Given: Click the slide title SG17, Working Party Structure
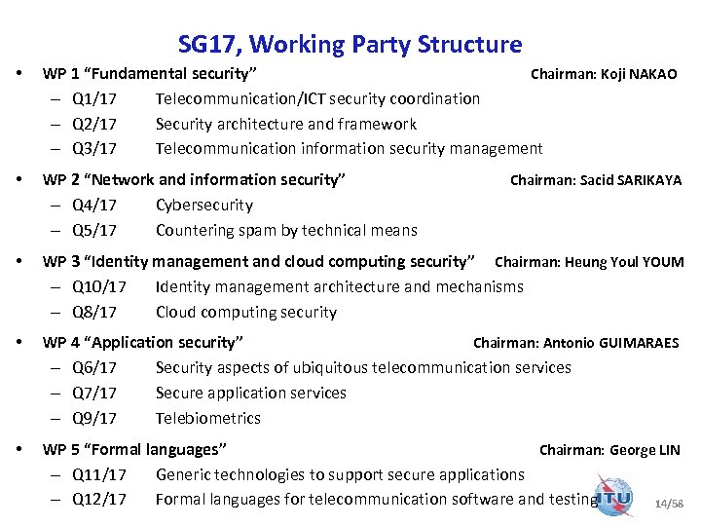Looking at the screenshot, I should pyautogui.click(x=350, y=44).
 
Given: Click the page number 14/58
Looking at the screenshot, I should pyautogui.click(x=669, y=504).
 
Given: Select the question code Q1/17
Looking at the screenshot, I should pyautogui.click(x=94, y=98).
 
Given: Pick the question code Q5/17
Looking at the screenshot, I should pyautogui.click(x=94, y=231).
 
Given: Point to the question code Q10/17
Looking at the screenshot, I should pyautogui.click(x=99, y=286).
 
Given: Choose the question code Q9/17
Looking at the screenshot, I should pyautogui.click(x=94, y=418).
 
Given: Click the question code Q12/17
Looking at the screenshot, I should pyautogui.click(x=99, y=500).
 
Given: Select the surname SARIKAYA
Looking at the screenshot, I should pyautogui.click(x=650, y=180).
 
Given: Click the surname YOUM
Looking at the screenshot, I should pyautogui.click(x=662, y=262).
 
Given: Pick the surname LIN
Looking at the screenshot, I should pyautogui.click(x=669, y=450).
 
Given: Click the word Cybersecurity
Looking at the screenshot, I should pyautogui.click(x=204, y=206).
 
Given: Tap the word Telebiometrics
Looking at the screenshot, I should pyautogui.click(x=208, y=418).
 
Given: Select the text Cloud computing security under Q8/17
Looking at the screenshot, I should pyautogui.click(x=246, y=313).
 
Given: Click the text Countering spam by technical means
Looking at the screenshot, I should pyautogui.click(x=286, y=231).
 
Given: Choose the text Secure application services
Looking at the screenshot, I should pyautogui.click(x=251, y=393).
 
